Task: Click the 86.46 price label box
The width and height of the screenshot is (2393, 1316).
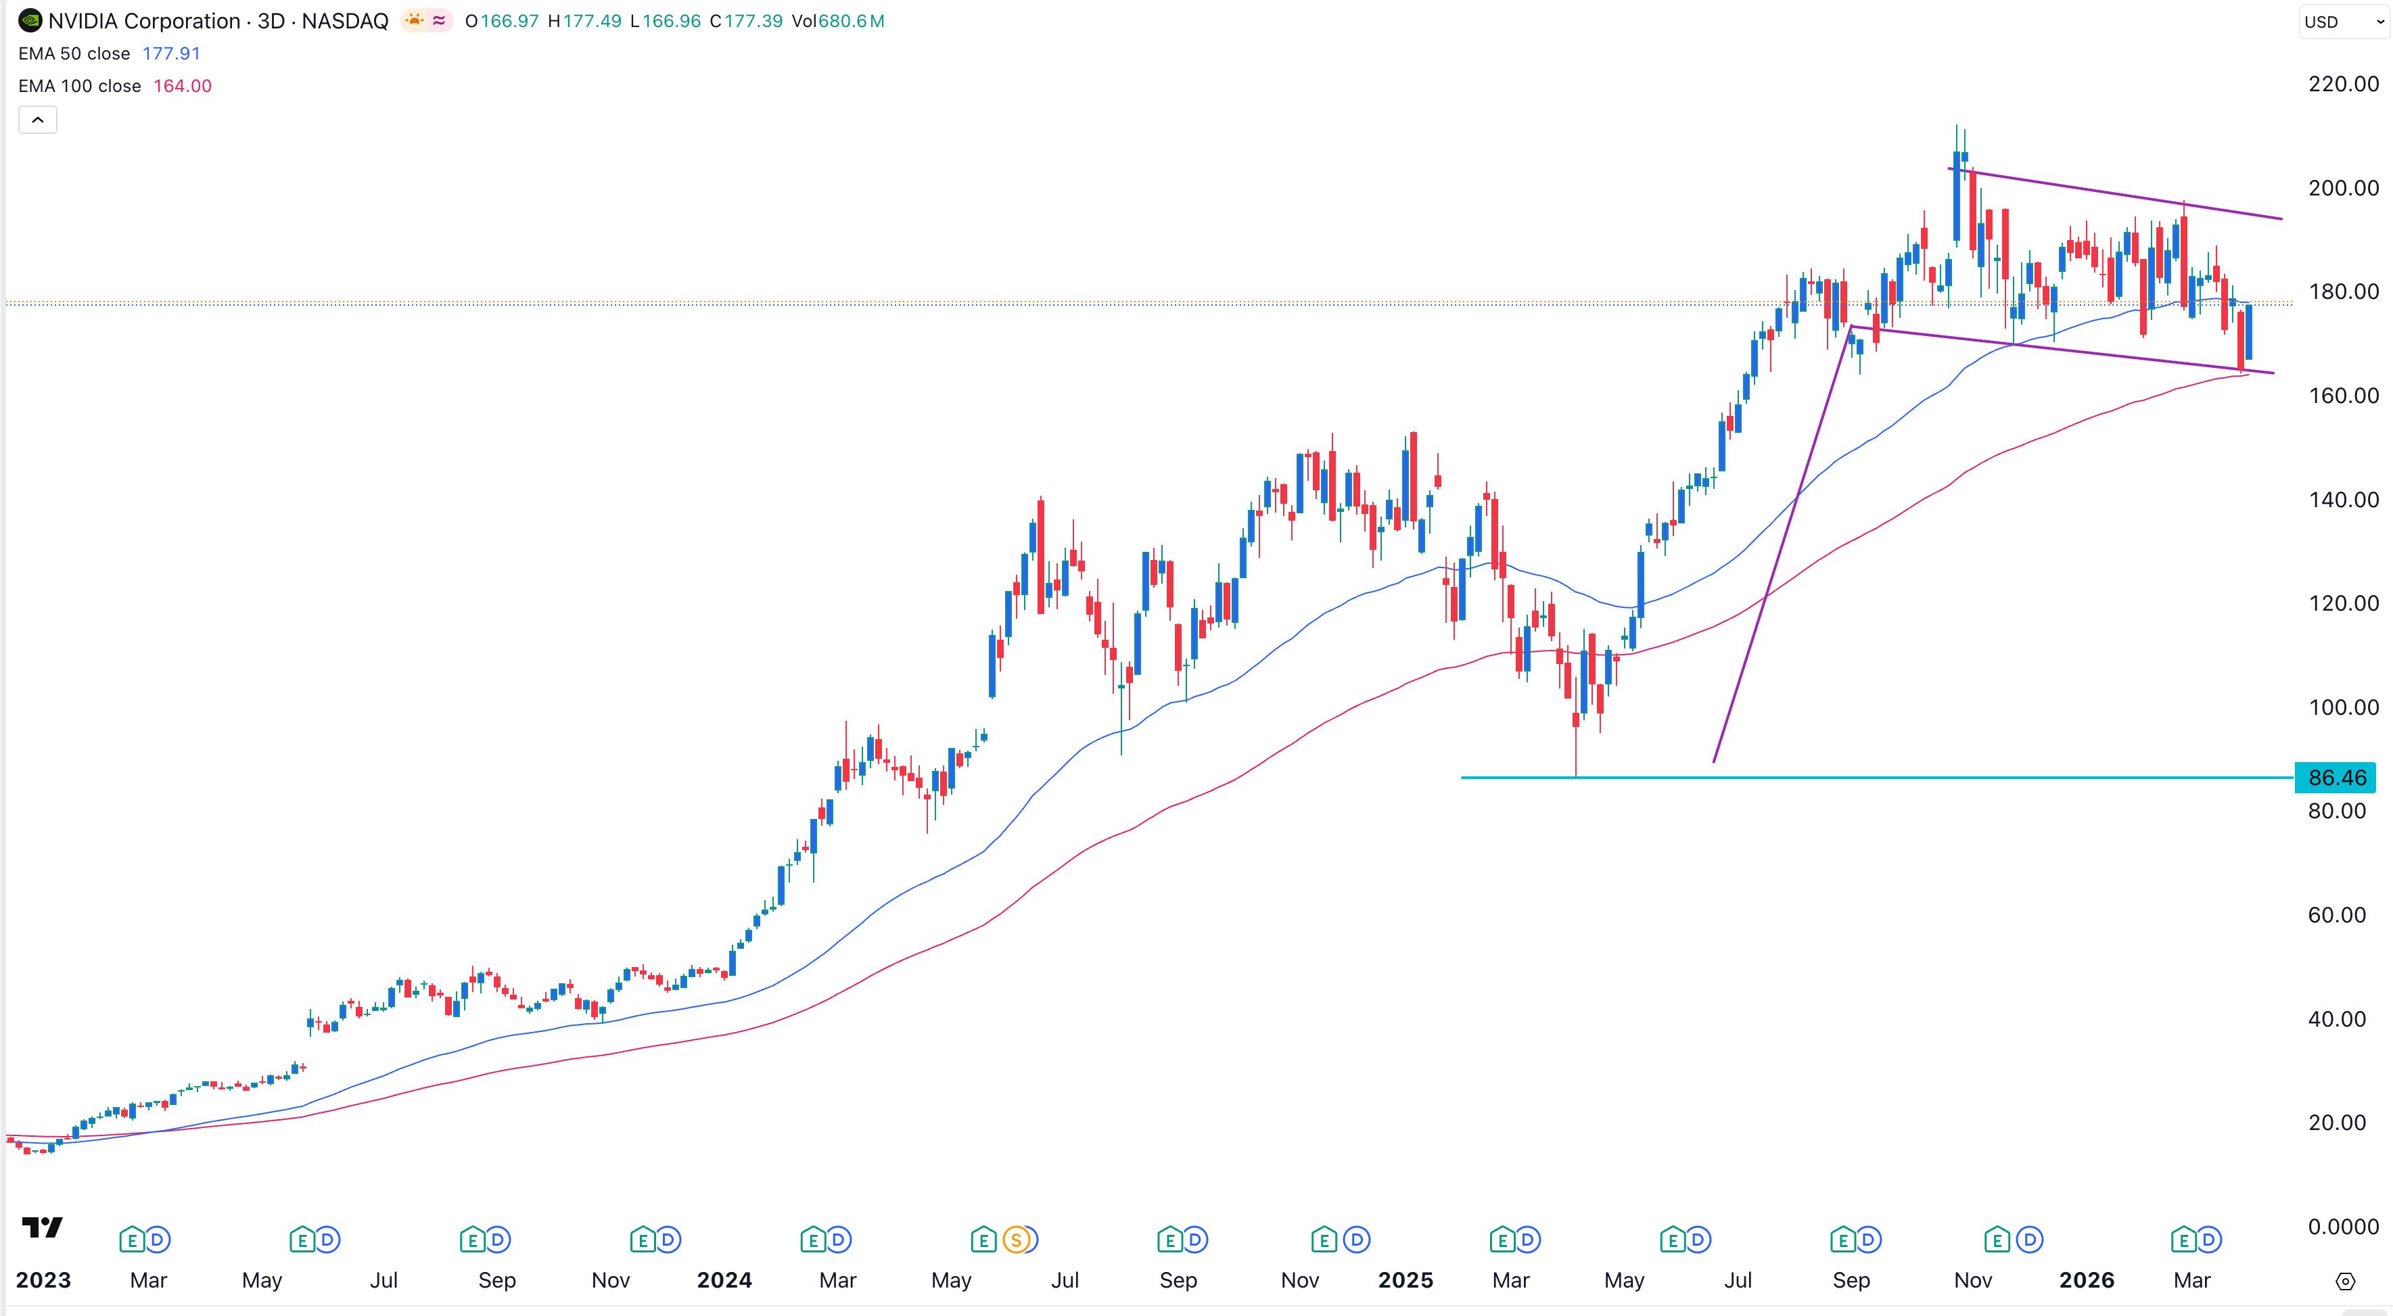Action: click(x=2336, y=777)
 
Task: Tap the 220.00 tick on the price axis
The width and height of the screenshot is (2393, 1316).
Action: click(x=2343, y=85)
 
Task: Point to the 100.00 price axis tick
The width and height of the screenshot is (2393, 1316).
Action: click(x=2343, y=707)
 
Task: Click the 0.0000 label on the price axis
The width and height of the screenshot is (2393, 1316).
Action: click(x=2343, y=1227)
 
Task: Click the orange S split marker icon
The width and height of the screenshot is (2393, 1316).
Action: click(x=1017, y=1240)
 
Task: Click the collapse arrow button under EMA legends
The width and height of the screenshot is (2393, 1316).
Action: click(x=38, y=120)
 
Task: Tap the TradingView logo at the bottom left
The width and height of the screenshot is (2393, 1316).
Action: click(x=42, y=1228)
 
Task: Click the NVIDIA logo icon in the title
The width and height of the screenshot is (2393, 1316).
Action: click(x=30, y=20)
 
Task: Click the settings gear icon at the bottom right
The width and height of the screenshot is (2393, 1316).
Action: click(x=2345, y=1282)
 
